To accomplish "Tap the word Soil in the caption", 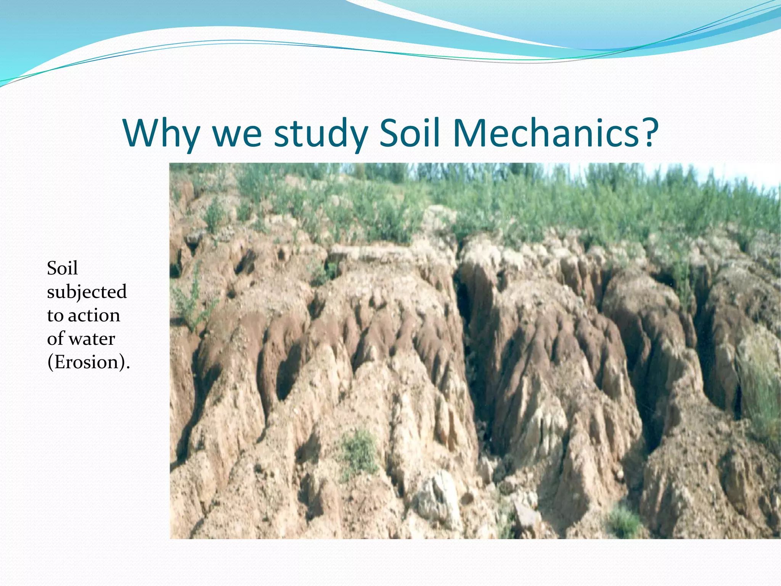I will coord(62,268).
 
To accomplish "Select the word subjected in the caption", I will coord(87,292).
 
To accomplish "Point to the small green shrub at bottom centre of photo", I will coord(358,450).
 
